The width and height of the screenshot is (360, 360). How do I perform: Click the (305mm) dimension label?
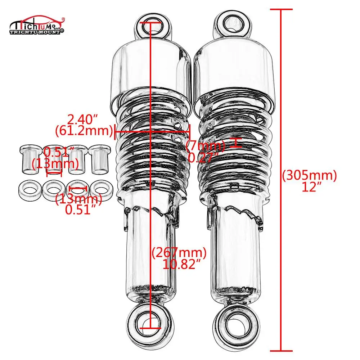point(309,175)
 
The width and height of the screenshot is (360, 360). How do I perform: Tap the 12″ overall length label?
point(309,187)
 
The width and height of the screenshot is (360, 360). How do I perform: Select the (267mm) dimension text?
point(179,253)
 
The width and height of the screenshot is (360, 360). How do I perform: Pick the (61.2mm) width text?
point(84,130)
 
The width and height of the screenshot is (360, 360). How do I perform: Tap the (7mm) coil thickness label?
point(206,146)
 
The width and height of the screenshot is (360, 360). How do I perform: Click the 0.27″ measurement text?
point(204,157)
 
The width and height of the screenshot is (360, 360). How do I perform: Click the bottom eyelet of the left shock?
point(149,319)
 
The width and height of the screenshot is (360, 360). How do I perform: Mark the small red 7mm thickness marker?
point(235,143)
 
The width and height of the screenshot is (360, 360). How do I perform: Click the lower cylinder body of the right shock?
point(236,252)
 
